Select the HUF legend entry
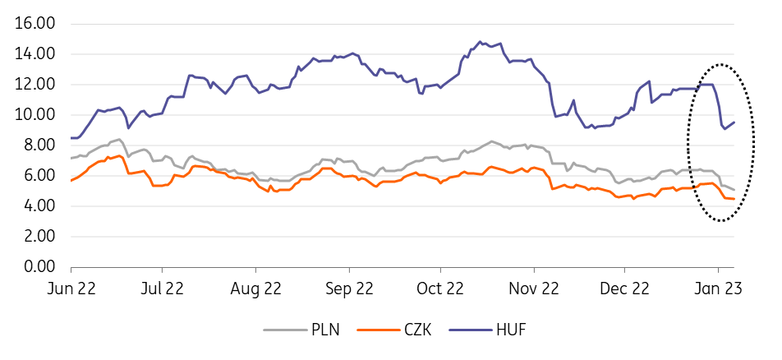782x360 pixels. [510, 330]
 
